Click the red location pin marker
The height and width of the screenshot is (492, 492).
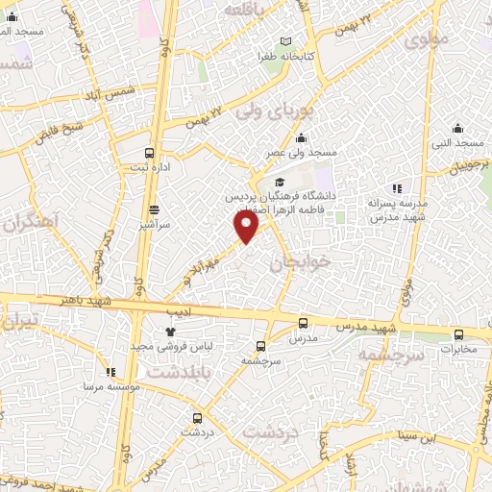tap(247, 226)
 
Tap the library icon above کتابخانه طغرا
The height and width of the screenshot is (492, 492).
tap(285, 41)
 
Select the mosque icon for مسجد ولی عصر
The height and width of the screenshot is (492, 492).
tap(302, 137)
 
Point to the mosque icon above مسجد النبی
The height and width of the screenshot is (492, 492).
tap(458, 128)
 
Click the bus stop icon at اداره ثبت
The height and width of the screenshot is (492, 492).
tap(149, 152)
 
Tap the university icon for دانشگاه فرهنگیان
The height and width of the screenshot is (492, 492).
tap(280, 182)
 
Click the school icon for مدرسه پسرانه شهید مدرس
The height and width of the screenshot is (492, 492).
tap(396, 189)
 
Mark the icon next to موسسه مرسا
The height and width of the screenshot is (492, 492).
tap(111, 372)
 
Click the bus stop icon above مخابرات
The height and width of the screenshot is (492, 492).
tap(458, 334)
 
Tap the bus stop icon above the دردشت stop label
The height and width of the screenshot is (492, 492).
tap(197, 418)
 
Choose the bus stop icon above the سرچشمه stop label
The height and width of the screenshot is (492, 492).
tap(261, 346)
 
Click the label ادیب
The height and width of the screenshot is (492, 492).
tap(180, 313)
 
